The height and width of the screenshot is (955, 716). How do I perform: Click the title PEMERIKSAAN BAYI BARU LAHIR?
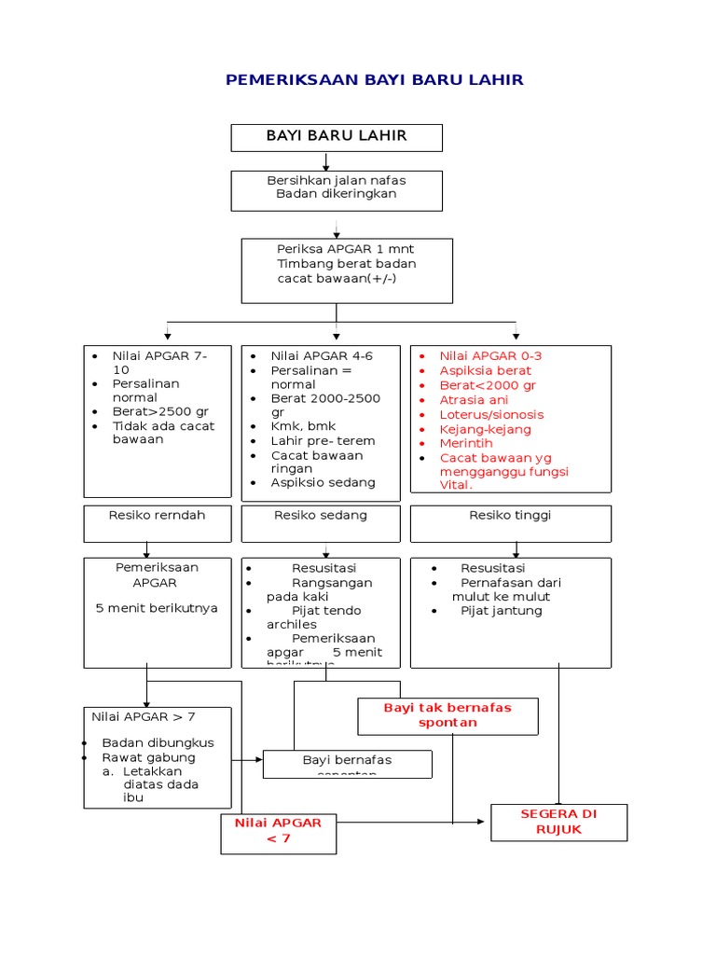pyautogui.click(x=374, y=80)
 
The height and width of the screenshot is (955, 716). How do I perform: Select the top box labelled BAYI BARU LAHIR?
pyautogui.click(x=337, y=136)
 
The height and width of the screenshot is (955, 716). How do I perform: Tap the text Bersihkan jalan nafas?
pyautogui.click(x=337, y=180)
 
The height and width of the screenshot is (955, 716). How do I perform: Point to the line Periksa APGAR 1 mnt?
pyautogui.click(x=345, y=249)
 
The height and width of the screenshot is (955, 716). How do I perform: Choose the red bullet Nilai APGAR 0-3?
pyautogui.click(x=490, y=356)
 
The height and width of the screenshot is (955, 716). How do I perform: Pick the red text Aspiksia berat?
pyautogui.click(x=485, y=371)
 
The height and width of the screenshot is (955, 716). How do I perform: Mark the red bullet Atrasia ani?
pyautogui.click(x=474, y=400)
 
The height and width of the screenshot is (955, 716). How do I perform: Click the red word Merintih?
pyautogui.click(x=466, y=444)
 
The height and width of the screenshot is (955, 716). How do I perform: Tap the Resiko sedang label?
pyautogui.click(x=321, y=515)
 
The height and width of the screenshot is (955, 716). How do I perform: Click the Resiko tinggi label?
pyautogui.click(x=510, y=515)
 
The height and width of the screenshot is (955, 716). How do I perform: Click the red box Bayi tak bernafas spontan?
pyautogui.click(x=447, y=714)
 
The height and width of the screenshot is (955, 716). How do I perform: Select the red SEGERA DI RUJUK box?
pyautogui.click(x=558, y=822)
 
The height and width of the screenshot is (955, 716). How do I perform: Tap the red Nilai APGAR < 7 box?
pyautogui.click(x=278, y=830)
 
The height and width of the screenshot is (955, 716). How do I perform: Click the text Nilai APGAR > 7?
pyautogui.click(x=144, y=716)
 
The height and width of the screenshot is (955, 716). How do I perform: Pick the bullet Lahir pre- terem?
pyautogui.click(x=323, y=441)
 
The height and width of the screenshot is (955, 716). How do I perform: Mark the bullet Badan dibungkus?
pyautogui.click(x=158, y=742)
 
